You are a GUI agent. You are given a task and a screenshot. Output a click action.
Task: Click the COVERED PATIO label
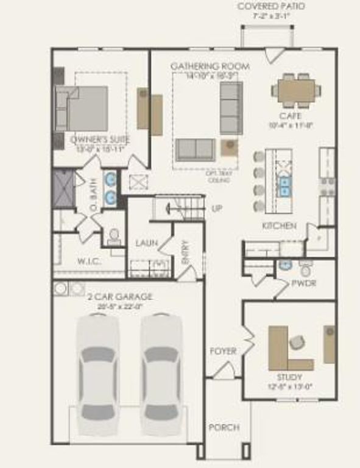271,6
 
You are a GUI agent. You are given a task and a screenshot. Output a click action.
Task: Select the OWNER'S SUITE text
97,140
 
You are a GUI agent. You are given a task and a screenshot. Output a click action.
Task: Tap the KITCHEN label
279,226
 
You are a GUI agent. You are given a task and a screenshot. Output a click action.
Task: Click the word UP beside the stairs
216,208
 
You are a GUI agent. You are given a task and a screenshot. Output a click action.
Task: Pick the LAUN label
147,243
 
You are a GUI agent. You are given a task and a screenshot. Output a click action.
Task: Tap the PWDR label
303,283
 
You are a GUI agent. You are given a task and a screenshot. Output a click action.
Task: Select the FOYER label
223,351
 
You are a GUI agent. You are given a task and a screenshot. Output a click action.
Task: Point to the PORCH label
223,427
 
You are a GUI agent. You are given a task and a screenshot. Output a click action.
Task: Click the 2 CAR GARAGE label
120,297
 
